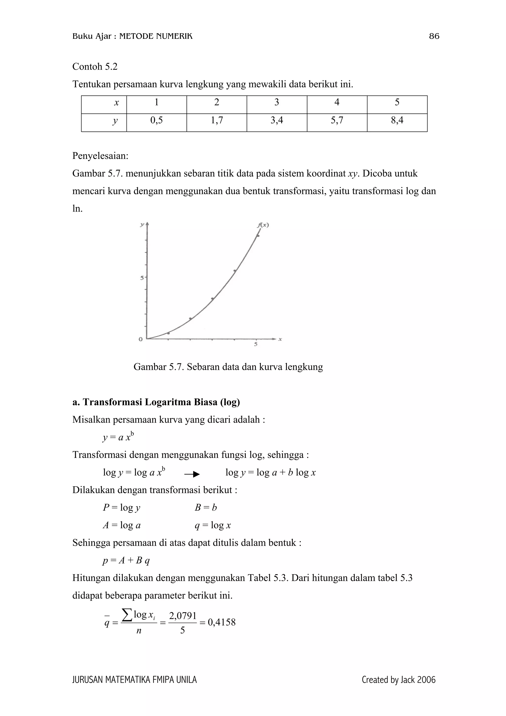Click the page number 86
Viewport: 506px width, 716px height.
434,37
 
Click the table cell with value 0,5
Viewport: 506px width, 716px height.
156,120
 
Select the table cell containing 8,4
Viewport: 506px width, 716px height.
397,120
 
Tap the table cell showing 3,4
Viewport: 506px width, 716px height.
276,120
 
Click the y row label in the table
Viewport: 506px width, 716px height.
115,121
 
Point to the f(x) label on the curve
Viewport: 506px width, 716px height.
263,225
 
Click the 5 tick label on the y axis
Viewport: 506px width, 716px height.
142,277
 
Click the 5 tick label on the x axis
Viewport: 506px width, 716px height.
256,344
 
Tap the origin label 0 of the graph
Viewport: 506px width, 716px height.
141,339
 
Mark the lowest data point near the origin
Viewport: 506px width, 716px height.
168,333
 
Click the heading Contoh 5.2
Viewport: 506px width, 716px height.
95,66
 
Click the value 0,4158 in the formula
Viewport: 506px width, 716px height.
221,622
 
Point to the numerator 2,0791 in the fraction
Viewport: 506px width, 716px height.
182,616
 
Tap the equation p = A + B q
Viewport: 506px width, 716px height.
126,561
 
